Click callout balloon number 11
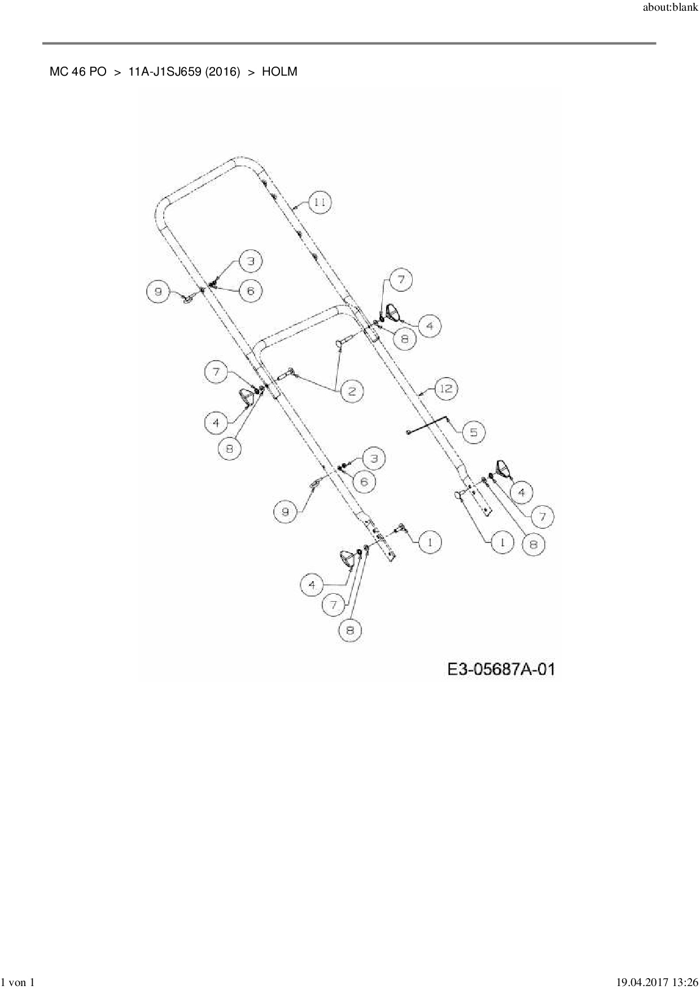[320, 203]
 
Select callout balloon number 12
[447, 389]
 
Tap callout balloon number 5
[473, 432]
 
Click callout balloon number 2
[352, 391]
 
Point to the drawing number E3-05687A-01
[501, 669]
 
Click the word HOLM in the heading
[279, 72]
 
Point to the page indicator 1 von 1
[19, 983]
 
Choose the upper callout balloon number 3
[251, 261]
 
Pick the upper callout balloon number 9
[158, 291]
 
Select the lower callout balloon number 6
[364, 481]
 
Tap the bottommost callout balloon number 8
[350, 630]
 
